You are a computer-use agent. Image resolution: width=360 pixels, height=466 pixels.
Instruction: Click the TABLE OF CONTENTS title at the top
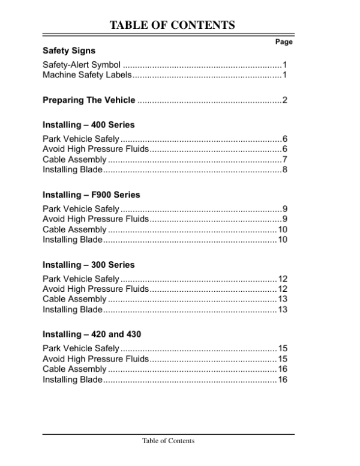tap(172, 25)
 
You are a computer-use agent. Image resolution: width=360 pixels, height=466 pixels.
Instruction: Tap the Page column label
tap(283, 42)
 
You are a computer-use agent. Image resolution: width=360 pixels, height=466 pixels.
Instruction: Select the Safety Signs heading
tap(68, 50)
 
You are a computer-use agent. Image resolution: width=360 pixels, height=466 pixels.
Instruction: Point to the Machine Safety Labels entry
tap(86, 74)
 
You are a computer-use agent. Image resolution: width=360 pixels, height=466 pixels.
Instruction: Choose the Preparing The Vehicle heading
tap(88, 100)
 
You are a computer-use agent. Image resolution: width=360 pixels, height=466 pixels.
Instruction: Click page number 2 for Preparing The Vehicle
tap(285, 100)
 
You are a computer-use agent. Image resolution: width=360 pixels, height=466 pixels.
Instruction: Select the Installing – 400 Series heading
tap(88, 125)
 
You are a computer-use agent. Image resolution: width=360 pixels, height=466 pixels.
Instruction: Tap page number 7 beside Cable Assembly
tap(285, 160)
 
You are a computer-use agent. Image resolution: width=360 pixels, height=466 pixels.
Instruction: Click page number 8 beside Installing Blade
tap(285, 170)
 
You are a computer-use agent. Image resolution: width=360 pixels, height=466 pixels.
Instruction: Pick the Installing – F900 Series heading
tap(91, 195)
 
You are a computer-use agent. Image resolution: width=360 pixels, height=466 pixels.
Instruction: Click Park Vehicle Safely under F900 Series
tap(81, 209)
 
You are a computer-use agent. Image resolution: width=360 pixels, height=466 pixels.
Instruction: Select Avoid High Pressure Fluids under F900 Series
tap(95, 219)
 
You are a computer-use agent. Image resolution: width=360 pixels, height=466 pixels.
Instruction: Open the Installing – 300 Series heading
tap(88, 265)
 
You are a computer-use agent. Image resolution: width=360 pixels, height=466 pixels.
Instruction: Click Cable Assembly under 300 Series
tap(74, 299)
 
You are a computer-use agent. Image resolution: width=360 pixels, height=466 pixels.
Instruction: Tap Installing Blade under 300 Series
tap(73, 309)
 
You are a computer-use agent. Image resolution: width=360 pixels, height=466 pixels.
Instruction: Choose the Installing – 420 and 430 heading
tap(92, 334)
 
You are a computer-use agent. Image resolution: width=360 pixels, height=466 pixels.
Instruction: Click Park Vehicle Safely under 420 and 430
tap(81, 348)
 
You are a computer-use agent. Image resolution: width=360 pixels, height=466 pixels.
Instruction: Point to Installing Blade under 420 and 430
tap(73, 379)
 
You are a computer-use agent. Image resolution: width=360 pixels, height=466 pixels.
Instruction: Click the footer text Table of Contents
tap(168, 441)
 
